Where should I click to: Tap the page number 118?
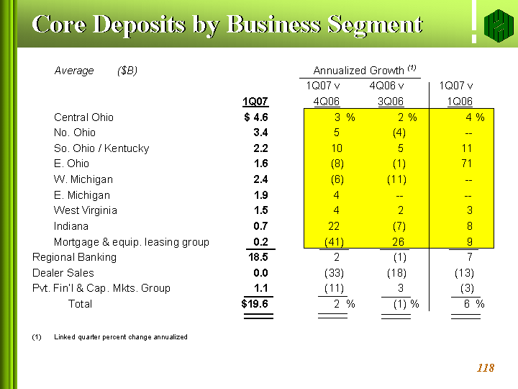486,368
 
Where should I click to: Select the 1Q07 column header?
255,102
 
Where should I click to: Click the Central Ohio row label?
83,117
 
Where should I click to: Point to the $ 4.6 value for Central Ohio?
256,117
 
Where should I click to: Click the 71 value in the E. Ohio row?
467,164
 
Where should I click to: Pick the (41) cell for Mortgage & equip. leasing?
334,242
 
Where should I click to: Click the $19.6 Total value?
255,304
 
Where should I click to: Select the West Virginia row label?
86,210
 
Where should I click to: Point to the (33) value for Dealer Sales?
335,273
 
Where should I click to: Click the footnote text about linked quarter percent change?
120,337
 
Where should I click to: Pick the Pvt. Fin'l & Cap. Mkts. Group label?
101,288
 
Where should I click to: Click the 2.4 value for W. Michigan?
260,179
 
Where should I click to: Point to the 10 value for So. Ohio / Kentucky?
337,148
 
